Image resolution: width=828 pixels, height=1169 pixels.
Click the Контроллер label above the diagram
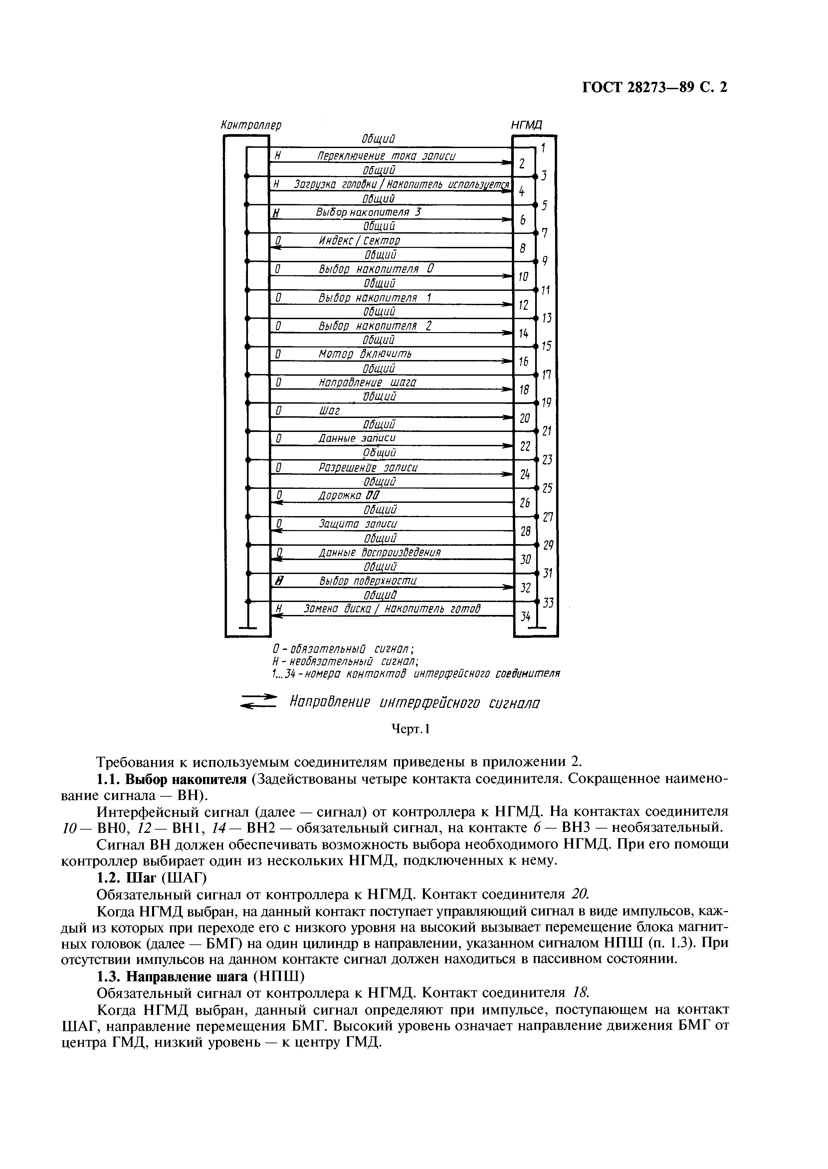251,125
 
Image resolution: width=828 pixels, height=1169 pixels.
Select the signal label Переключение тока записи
386,156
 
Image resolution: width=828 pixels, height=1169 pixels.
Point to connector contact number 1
543,148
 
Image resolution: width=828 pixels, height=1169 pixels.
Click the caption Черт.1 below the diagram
411,729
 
